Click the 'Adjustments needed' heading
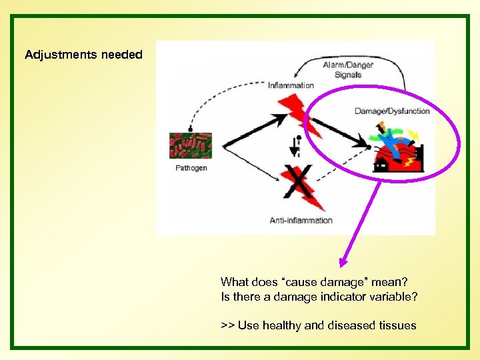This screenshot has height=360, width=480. pyautogui.click(x=83, y=55)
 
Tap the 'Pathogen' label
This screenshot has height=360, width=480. pyautogui.click(x=191, y=168)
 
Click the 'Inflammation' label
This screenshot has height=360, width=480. pyautogui.click(x=291, y=85)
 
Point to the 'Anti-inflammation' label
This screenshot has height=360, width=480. pyautogui.click(x=301, y=220)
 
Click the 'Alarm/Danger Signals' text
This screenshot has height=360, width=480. pyautogui.click(x=347, y=70)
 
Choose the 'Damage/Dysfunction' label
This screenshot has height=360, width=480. pyautogui.click(x=392, y=111)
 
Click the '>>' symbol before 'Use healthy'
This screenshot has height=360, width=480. pyautogui.click(x=227, y=325)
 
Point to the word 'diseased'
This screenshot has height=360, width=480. pyautogui.click(x=351, y=325)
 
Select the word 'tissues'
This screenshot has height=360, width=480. pyautogui.click(x=397, y=325)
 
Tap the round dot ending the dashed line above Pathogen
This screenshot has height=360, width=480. pyautogui.click(x=191, y=128)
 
